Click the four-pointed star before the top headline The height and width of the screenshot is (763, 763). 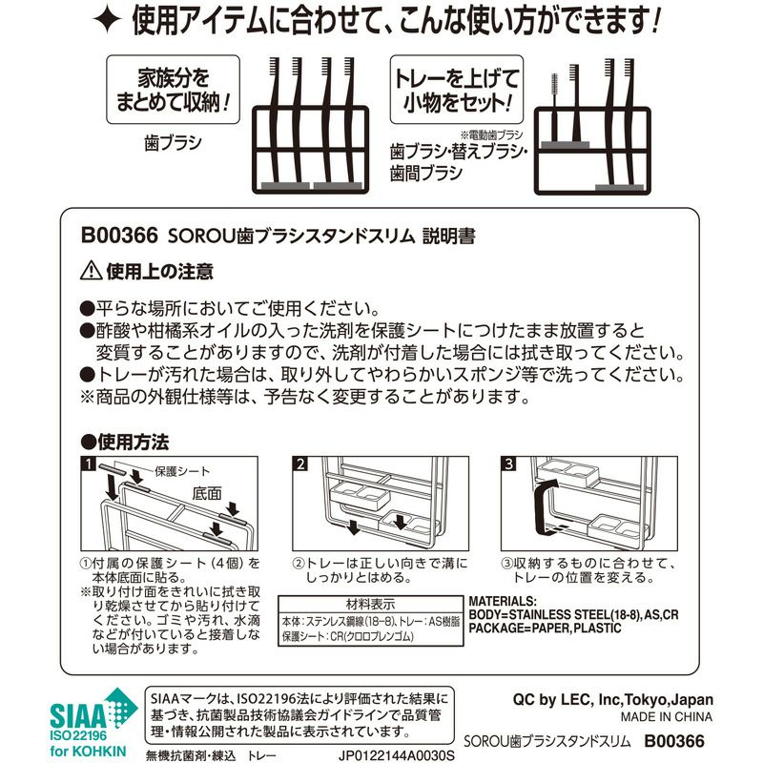point(107,19)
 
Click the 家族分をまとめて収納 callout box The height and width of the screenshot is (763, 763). point(174,90)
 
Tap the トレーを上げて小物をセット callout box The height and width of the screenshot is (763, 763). point(457,90)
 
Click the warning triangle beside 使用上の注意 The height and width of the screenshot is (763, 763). point(91,271)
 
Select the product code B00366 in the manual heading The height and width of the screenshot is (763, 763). point(120,236)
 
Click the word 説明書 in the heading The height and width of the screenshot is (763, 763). point(448,236)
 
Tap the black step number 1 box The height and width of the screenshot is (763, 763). point(89,464)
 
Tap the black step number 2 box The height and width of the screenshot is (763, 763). point(300,464)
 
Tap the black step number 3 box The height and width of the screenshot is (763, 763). point(508,464)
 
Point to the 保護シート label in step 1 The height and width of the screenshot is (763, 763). point(182,471)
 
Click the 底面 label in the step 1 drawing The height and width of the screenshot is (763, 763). point(207,493)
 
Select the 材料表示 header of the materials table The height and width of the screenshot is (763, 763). point(370,605)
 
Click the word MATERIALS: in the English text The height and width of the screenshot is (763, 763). point(503,602)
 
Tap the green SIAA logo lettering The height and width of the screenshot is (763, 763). point(79,715)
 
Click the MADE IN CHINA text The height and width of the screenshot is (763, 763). point(666,717)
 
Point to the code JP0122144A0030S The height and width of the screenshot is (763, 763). point(396,756)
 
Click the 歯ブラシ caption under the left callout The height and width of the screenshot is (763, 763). point(173,143)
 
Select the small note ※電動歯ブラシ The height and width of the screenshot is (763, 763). point(491,134)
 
